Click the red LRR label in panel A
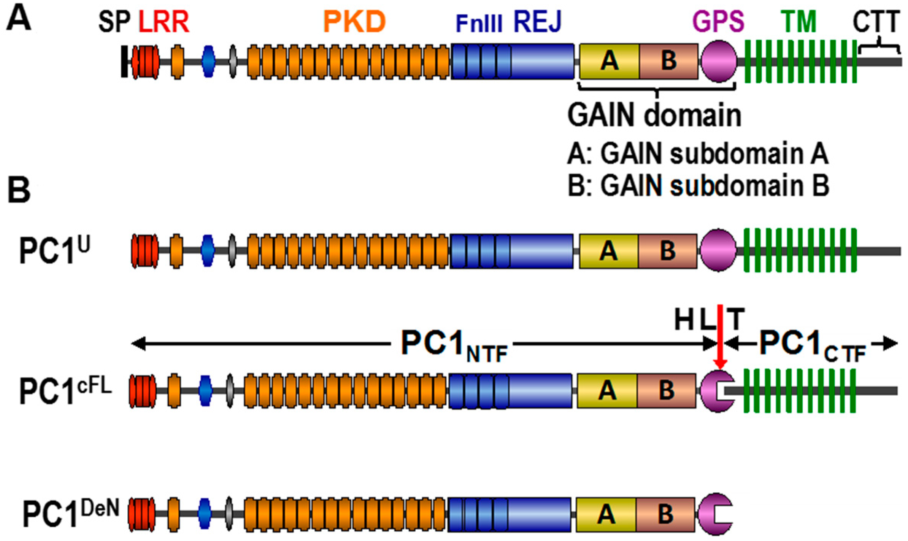(x=164, y=22)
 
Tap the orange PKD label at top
(x=354, y=22)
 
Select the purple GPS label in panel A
(x=718, y=22)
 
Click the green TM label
(x=799, y=22)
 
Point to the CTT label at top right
(x=876, y=22)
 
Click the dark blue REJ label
(x=537, y=22)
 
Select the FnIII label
(x=479, y=24)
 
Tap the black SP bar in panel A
(x=124, y=61)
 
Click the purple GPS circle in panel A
(x=718, y=61)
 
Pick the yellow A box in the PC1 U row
(x=608, y=251)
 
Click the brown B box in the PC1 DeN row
(x=665, y=514)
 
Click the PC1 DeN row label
(x=71, y=513)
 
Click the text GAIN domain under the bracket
(x=654, y=115)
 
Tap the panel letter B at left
(x=19, y=190)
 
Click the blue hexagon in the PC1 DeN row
(x=205, y=513)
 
